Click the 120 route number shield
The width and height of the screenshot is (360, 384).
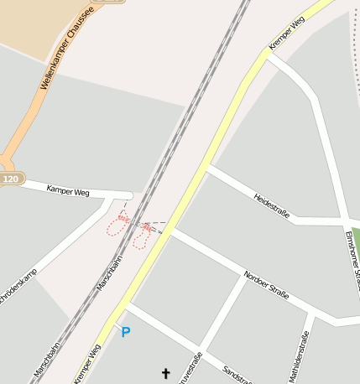[x=10, y=179]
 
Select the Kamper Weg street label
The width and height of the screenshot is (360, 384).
[x=68, y=192]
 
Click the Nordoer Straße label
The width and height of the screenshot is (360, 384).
[x=266, y=285]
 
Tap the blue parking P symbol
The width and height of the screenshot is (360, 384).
[x=126, y=333]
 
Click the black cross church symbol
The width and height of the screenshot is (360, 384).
[x=165, y=373]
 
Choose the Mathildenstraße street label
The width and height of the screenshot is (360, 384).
[x=300, y=357]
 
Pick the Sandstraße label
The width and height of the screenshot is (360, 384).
[x=237, y=374]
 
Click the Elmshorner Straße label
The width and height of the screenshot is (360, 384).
[x=352, y=260]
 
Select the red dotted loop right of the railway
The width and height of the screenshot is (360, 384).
[x=142, y=237]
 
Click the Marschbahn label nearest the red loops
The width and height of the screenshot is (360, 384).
[x=109, y=273]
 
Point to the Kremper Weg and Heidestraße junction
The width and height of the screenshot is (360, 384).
[x=206, y=167]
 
